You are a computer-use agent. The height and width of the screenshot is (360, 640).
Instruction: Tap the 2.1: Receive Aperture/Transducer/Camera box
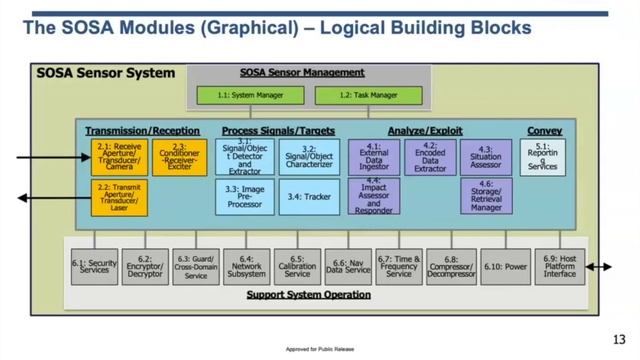118,157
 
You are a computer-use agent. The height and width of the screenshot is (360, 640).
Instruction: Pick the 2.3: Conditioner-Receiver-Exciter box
180,157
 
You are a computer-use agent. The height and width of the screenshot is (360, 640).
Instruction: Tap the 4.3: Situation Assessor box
485,157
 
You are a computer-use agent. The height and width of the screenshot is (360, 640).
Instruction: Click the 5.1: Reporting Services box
543,157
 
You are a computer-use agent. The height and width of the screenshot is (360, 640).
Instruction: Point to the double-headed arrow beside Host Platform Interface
601,267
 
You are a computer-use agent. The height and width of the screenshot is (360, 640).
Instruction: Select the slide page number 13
619,336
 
